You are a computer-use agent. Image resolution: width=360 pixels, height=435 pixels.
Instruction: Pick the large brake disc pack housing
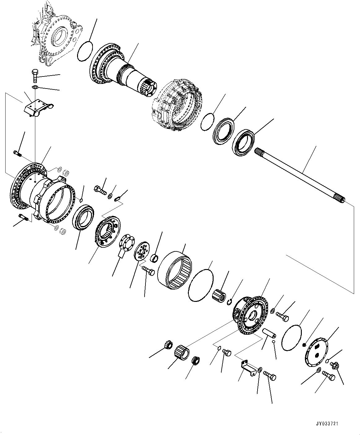coord(176,105)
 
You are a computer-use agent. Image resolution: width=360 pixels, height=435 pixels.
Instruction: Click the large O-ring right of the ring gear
coord(201,284)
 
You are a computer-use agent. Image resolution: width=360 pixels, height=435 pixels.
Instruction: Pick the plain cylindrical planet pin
coord(270,335)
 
